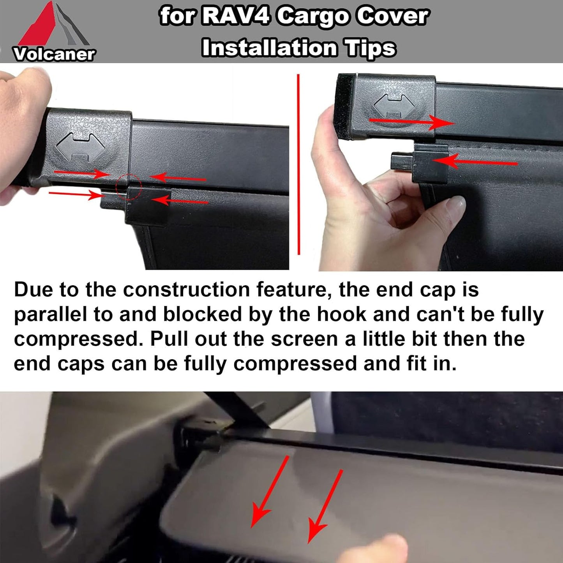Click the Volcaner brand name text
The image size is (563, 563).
click(x=54, y=54)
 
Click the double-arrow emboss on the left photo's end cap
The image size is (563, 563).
click(x=80, y=147)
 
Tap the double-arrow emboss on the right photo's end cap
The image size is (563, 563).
click(x=394, y=106)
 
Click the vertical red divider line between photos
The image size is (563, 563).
click(x=298, y=164)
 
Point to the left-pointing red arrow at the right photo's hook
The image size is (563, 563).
click(x=475, y=162)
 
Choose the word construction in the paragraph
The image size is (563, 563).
click(x=186, y=290)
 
